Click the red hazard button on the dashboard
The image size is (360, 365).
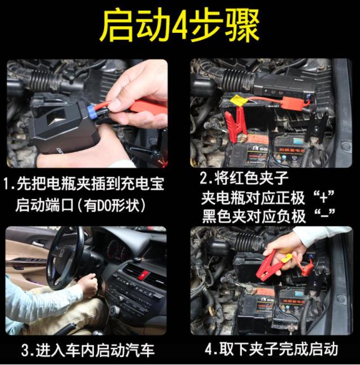pyautogui.click(x=142, y=274)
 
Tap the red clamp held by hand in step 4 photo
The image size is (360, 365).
pyautogui.click(x=269, y=264)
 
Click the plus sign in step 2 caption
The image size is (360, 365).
pyautogui.click(x=323, y=198)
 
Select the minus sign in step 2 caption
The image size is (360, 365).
pyautogui.click(x=324, y=216)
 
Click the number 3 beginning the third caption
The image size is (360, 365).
pyautogui.click(x=25, y=350)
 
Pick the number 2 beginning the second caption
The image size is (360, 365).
pyautogui.click(x=204, y=179)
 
